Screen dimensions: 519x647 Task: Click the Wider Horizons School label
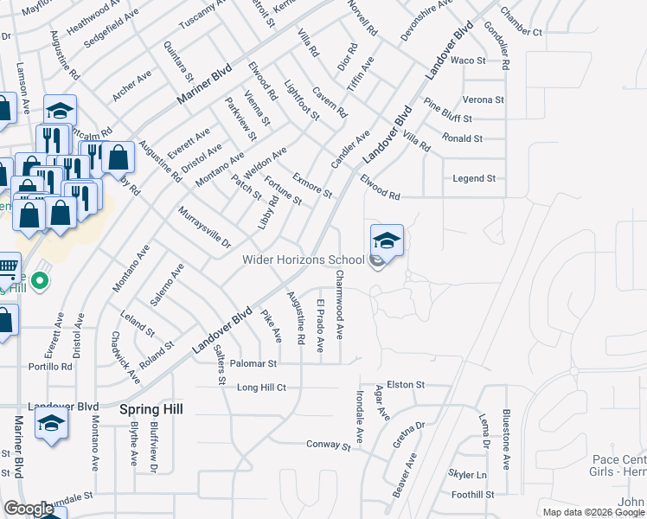point(303,259)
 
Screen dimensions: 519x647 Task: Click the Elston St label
point(406,384)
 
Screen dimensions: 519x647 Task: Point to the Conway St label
point(328,445)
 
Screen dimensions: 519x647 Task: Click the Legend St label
point(474,178)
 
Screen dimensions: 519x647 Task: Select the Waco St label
point(468,61)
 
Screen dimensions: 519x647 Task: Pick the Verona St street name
point(484,99)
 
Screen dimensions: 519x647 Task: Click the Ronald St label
point(462,138)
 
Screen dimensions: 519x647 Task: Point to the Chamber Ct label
point(520,32)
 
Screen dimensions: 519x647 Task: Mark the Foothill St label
point(472,495)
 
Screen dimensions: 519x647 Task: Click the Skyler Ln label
point(467,475)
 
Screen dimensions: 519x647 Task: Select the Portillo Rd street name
point(49,366)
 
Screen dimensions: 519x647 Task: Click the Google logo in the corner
point(29,509)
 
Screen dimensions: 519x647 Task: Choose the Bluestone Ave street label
point(507,439)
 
